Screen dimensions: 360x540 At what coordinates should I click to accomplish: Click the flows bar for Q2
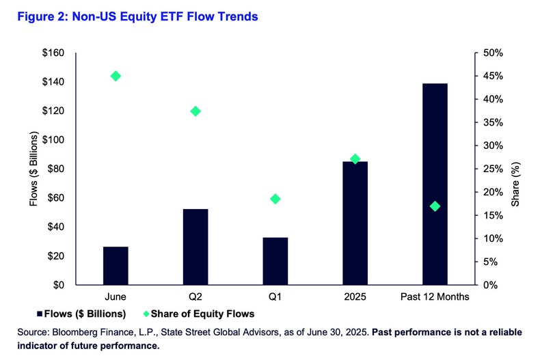click(195, 247)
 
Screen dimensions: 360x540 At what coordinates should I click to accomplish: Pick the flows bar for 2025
click(355, 223)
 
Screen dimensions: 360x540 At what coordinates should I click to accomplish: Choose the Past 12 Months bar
click(435, 184)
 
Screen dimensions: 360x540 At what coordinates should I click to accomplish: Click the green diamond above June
click(116, 76)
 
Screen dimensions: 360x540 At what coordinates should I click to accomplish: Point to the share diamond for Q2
click(195, 111)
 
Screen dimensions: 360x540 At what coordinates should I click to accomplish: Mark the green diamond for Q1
click(275, 199)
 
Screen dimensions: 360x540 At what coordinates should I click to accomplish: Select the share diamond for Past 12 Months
click(435, 206)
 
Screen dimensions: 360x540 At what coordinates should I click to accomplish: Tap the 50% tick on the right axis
click(493, 53)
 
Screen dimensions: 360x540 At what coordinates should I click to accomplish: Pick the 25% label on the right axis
click(493, 169)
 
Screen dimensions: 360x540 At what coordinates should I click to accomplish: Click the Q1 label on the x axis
click(275, 297)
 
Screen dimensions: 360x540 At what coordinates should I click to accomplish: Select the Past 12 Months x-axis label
click(435, 297)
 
